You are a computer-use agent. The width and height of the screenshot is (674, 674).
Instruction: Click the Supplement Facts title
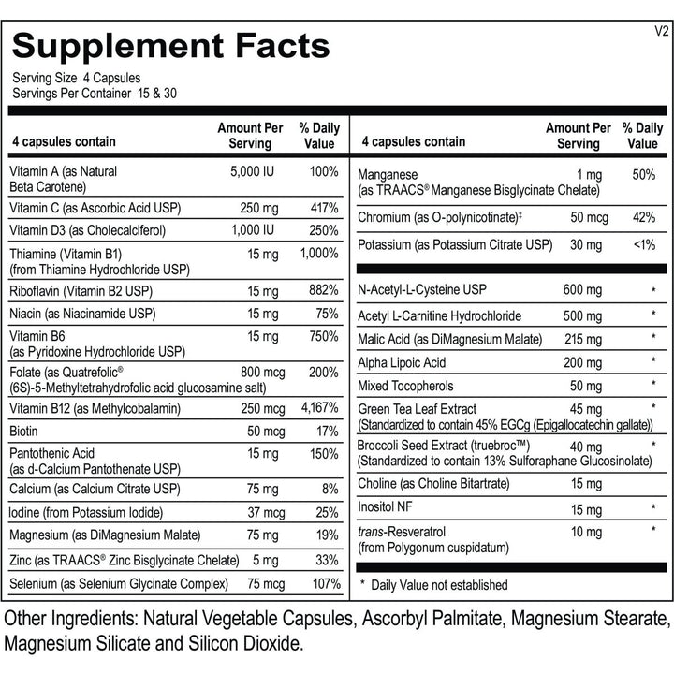[170, 46]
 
